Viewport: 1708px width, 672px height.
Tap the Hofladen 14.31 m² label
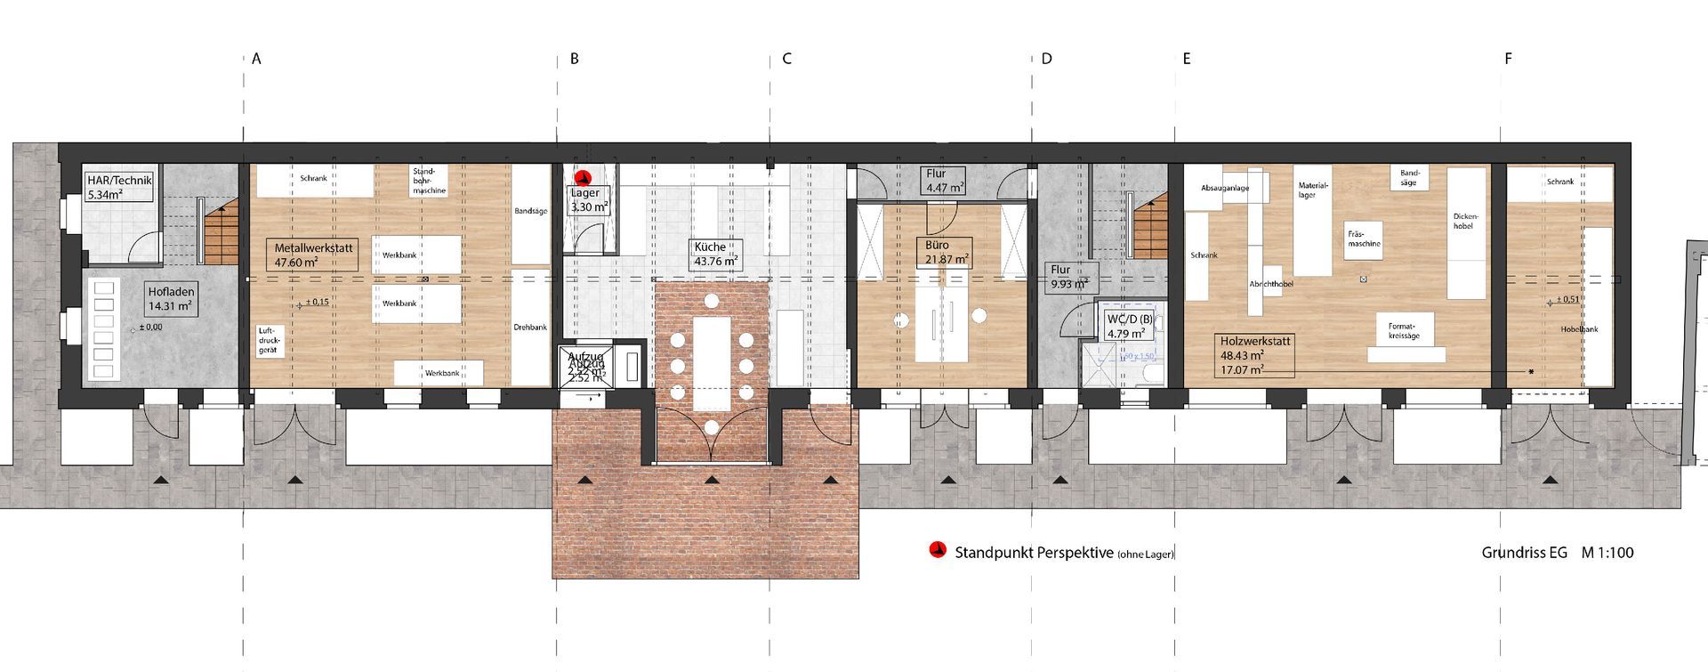[x=170, y=298]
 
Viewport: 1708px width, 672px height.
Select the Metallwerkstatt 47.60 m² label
[x=315, y=255]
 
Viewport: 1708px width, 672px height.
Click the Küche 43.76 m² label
[x=716, y=254]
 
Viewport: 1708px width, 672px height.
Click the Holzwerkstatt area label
[x=1255, y=355]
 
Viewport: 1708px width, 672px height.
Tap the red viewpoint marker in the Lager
[x=584, y=178]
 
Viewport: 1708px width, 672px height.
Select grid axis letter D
[x=1046, y=60]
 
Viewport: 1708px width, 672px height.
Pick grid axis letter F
[x=1508, y=60]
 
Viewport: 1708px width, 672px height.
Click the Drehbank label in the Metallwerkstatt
[x=530, y=328]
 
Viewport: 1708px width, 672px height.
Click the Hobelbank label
[x=1579, y=329]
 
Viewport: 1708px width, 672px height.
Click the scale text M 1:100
[x=1607, y=552]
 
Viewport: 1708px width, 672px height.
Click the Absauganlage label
[x=1225, y=188]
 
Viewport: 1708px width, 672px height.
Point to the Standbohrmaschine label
[x=429, y=181]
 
